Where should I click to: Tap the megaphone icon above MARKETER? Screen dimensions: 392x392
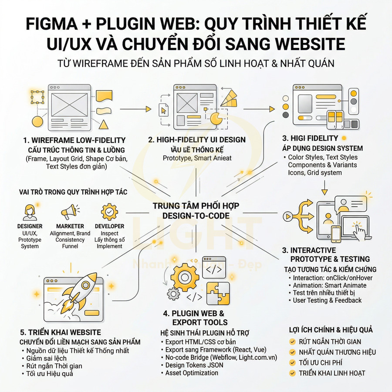point(70,213)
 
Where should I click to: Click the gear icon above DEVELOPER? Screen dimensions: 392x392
point(109,212)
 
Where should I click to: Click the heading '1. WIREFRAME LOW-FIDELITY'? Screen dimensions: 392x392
point(74,140)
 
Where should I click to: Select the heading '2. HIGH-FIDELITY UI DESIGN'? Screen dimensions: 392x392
point(196,140)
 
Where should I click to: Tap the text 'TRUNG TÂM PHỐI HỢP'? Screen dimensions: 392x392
point(196,206)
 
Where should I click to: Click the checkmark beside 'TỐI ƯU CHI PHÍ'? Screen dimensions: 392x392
point(293,362)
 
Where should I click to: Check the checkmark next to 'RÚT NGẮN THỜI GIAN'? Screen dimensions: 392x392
point(293,342)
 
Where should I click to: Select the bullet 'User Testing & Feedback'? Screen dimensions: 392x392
point(327,300)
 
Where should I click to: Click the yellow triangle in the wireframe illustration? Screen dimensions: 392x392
point(103,125)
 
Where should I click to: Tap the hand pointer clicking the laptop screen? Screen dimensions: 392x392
point(359,231)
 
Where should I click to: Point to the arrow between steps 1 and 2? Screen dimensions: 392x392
point(135,109)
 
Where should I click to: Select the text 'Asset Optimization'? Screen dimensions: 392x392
point(192,373)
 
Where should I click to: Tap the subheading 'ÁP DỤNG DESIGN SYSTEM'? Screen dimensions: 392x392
point(322,148)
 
